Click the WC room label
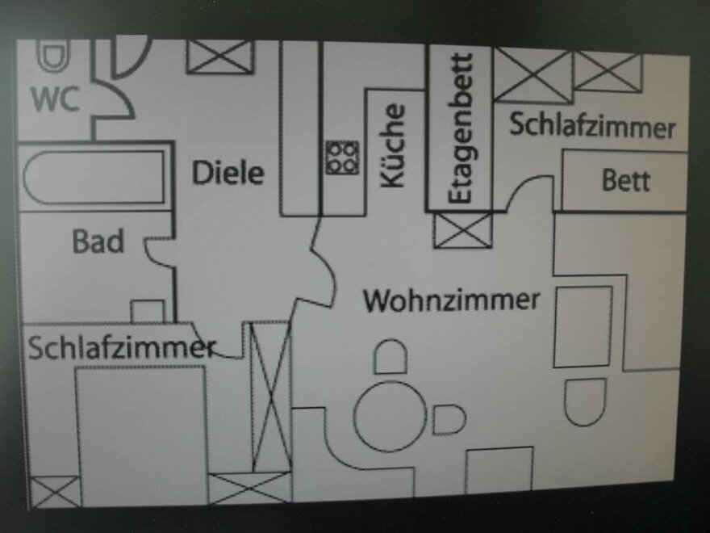point(55,100)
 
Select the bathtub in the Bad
point(94,178)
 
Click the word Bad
point(98,241)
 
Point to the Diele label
point(228,172)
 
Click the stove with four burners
point(342,157)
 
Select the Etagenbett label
point(460,129)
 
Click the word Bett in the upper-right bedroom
point(625,180)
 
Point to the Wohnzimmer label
point(451,300)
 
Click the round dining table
point(390,417)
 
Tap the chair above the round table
point(390,356)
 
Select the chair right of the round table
point(449,419)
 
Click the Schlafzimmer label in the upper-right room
point(592,126)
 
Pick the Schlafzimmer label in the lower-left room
point(121,347)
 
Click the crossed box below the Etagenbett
point(462,229)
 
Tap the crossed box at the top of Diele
point(220,57)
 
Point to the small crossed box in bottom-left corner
point(55,491)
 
